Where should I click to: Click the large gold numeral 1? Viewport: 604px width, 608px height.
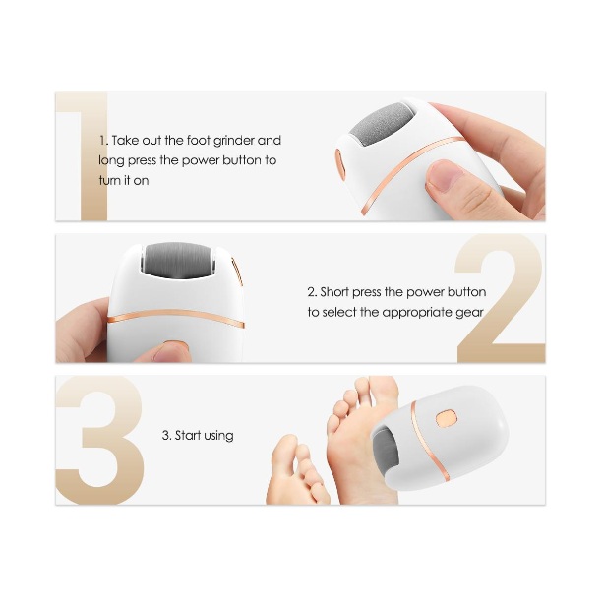tap(94, 157)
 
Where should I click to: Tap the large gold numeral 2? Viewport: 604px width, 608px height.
tap(500, 298)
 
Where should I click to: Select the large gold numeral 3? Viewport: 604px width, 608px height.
tap(101, 440)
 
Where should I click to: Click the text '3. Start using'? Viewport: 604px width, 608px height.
tap(198, 436)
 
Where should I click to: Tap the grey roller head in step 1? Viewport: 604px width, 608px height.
tap(377, 124)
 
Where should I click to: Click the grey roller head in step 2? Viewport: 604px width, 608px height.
tap(176, 260)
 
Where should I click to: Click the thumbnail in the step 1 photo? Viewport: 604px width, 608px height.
tap(445, 175)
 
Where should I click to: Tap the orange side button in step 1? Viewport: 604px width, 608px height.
tap(340, 165)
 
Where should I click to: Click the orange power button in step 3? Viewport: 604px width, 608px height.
tap(447, 418)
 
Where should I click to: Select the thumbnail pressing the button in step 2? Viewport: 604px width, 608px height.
tap(170, 352)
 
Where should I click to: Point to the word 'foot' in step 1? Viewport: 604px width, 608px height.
tap(198, 141)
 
